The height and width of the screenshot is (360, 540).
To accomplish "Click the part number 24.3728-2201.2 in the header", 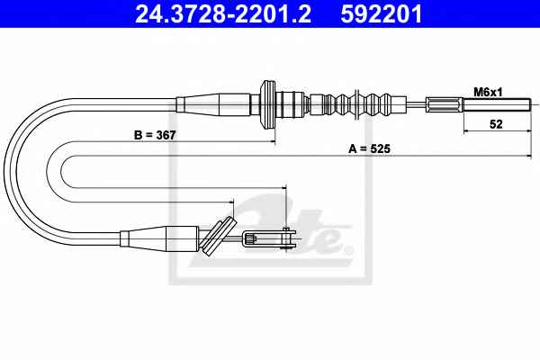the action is pos(223,13).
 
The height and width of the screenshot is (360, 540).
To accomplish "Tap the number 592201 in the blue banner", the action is pos(382,13).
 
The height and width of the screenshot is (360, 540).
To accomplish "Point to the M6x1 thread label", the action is pos(488,93).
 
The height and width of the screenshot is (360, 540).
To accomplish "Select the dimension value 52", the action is pos(496,123).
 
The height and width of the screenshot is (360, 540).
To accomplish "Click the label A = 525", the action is pos(369,148).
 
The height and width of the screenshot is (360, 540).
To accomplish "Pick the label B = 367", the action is pos(155,135).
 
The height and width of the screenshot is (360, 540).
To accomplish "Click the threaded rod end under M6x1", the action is pos(496,104).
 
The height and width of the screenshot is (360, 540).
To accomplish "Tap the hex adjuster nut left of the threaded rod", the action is pos(445,104).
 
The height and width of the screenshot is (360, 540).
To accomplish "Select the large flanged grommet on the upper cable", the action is pos(268,104).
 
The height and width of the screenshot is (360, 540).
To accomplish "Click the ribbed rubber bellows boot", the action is pos(358,104).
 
